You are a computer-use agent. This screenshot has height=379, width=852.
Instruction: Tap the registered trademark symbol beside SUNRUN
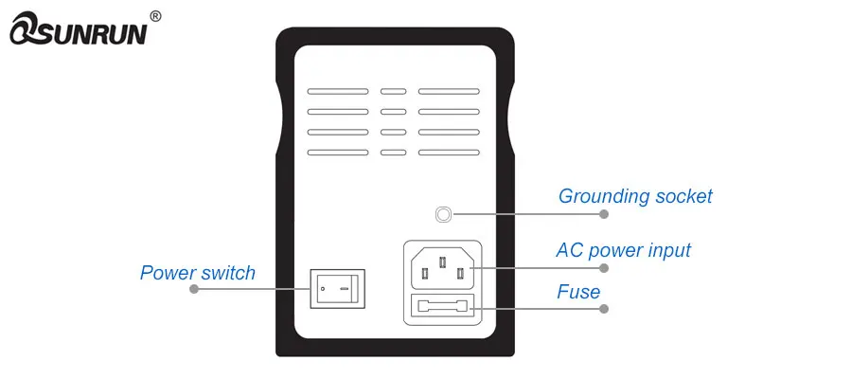156,16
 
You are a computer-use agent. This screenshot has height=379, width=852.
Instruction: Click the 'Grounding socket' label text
635,197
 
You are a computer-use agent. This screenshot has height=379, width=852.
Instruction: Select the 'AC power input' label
623,251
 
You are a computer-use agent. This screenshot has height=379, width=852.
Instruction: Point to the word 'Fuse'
578,292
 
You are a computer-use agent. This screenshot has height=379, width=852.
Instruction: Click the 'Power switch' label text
198,273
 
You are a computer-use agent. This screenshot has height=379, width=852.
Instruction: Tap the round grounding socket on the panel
442,214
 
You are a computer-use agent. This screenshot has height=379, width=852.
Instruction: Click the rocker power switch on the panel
338,287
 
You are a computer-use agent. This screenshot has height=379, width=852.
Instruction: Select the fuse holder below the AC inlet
443,309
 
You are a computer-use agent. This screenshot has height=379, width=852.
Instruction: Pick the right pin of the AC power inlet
461,274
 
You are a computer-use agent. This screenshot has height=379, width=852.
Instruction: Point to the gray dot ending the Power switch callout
194,289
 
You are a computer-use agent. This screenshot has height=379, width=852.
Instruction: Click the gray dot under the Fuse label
604,309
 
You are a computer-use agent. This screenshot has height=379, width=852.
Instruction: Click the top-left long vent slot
338,93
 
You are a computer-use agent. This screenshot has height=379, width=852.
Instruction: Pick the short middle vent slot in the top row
393,93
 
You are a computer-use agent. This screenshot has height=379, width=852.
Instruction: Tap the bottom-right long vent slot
448,153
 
